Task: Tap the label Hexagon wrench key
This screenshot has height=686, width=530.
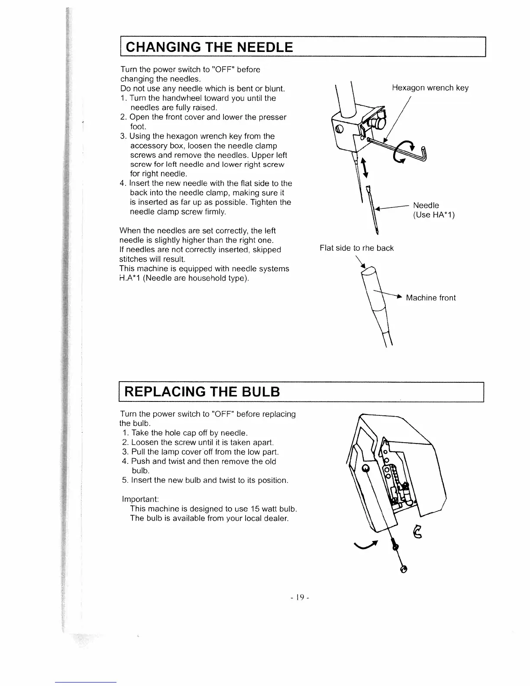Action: click(430, 88)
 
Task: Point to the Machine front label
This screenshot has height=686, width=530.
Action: click(431, 298)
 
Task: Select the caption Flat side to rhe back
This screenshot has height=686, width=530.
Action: click(356, 248)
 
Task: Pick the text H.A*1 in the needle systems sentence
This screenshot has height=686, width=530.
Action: click(130, 278)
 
